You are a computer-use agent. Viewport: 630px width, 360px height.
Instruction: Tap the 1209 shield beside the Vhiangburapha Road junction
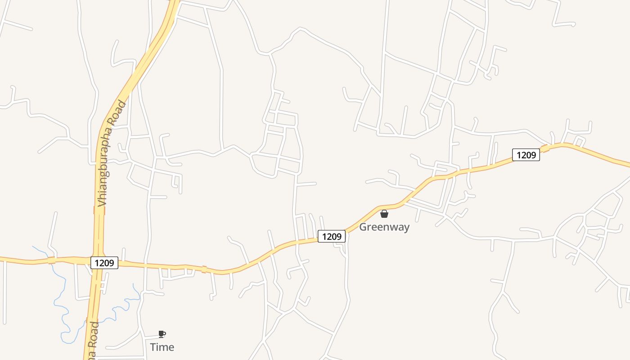pyautogui.click(x=104, y=263)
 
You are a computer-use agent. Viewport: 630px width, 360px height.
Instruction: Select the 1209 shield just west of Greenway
pyautogui.click(x=332, y=236)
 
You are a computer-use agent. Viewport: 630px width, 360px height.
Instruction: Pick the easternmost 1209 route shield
pyautogui.click(x=526, y=155)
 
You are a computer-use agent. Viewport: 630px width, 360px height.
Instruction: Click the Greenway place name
pyautogui.click(x=384, y=227)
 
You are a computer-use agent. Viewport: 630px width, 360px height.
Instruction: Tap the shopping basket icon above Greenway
pyautogui.click(x=384, y=214)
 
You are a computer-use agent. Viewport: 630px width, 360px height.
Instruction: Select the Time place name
pyautogui.click(x=162, y=347)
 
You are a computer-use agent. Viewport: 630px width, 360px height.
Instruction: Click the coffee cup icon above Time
pyautogui.click(x=162, y=334)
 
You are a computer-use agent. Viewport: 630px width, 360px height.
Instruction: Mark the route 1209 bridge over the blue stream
pyautogui.click(x=52, y=260)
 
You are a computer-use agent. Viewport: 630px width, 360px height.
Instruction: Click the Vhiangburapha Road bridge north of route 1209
pyautogui.click(x=99, y=210)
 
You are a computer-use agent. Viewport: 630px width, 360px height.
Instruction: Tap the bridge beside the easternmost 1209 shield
pyautogui.click(x=545, y=148)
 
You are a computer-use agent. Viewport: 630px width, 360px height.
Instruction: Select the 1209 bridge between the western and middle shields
pyautogui.click(x=204, y=270)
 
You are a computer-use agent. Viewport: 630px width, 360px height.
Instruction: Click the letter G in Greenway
pyautogui.click(x=363, y=227)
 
